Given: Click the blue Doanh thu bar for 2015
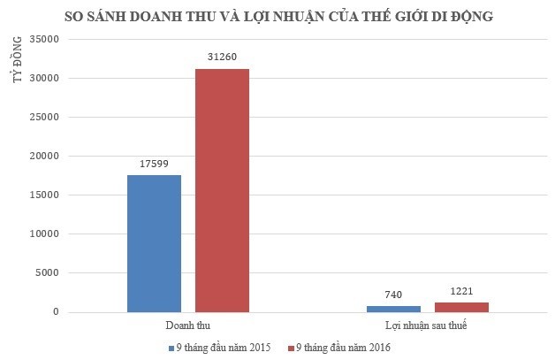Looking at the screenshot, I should point(154,243).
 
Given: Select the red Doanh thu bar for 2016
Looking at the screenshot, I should point(222,190).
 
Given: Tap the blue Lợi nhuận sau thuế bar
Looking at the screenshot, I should point(393,309).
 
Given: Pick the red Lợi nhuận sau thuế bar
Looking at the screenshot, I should point(461,307).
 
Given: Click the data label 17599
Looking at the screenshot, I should point(154,165).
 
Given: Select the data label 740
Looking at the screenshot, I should point(393,295).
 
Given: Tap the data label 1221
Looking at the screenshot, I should point(461,292).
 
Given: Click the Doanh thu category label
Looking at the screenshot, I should point(187,327).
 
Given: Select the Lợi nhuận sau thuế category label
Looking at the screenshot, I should point(427,327).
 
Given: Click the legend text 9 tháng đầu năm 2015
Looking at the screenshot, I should point(221,347).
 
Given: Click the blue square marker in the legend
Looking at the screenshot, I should point(170,347).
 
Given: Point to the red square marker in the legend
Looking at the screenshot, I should point(291,347).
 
